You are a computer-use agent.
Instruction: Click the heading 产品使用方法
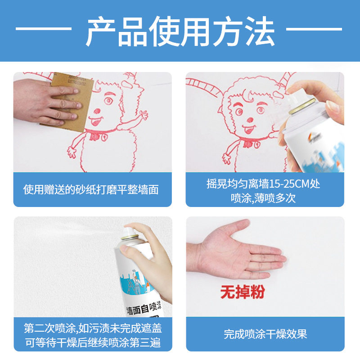[x=180, y=31]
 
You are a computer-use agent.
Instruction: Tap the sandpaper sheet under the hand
[x=69, y=101]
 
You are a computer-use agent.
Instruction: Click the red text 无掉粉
[x=243, y=292]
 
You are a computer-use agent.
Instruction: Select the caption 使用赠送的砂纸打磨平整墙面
[x=91, y=189]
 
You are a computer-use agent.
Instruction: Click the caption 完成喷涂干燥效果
[x=265, y=334]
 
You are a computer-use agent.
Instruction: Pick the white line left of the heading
[x=44, y=29]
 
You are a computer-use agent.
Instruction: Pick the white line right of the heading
[x=314, y=29]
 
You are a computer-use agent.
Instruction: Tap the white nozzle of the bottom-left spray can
[x=129, y=231]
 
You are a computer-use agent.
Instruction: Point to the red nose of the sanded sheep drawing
[x=97, y=111]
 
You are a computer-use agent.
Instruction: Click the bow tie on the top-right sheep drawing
[x=252, y=144]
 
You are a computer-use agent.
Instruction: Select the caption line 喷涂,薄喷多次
[x=263, y=198]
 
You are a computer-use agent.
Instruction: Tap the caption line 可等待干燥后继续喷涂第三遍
[x=93, y=342]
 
